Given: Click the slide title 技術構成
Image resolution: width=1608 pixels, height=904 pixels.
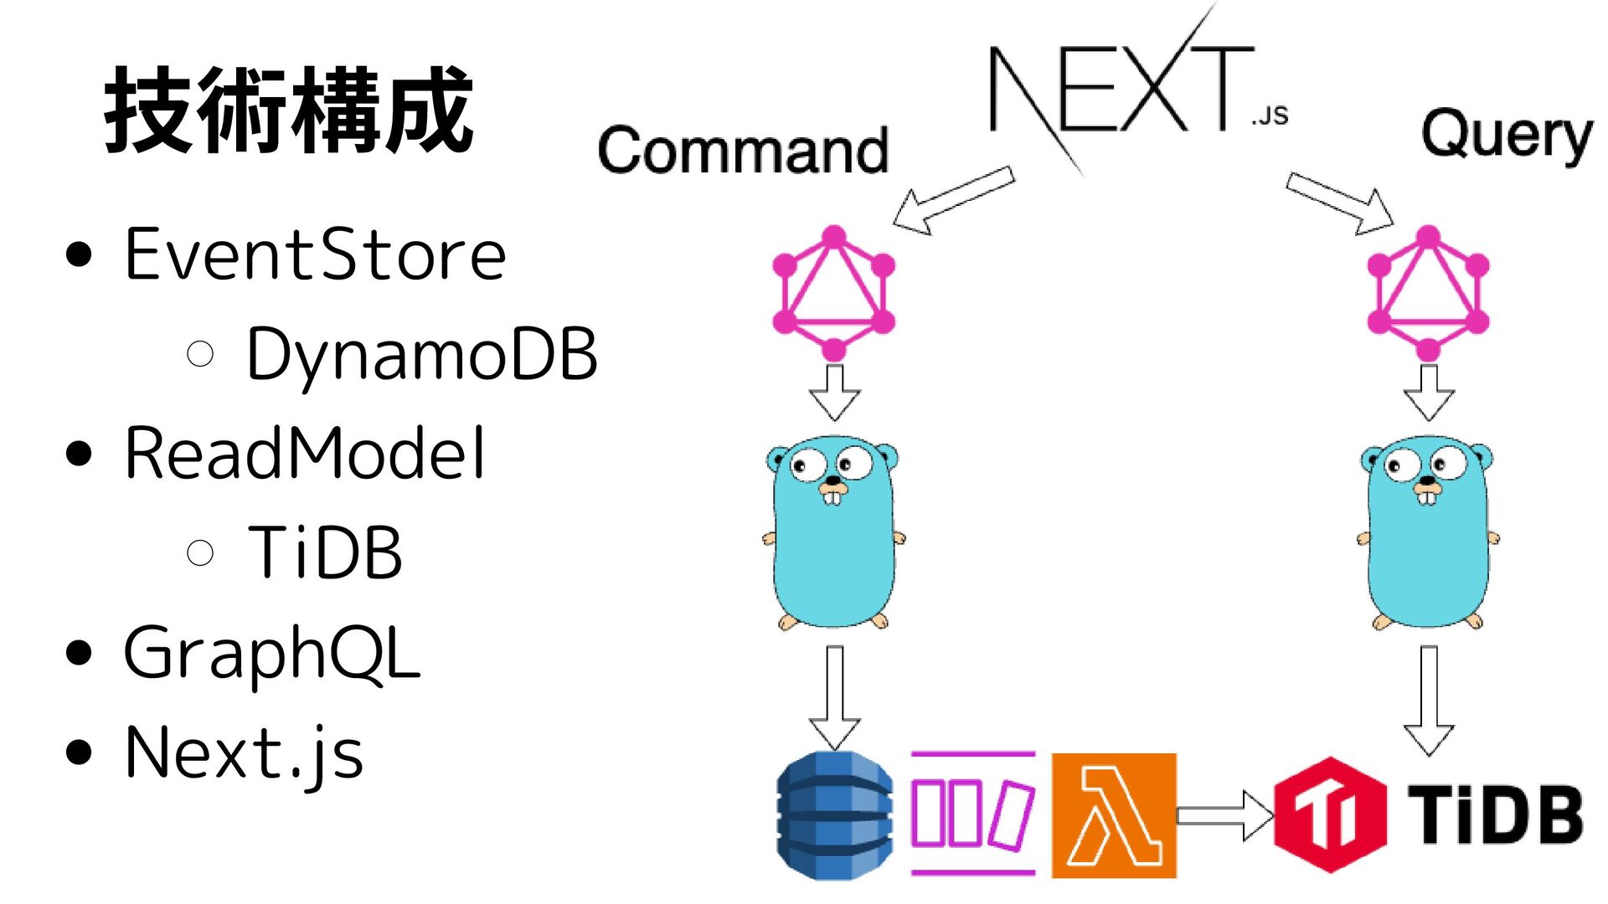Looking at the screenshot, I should [x=289, y=110].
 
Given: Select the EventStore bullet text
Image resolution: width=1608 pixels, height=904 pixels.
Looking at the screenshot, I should [x=315, y=254].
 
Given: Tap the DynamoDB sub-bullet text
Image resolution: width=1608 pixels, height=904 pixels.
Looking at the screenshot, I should [x=421, y=354].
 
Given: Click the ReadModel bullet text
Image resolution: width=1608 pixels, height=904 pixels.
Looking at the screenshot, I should [x=305, y=453].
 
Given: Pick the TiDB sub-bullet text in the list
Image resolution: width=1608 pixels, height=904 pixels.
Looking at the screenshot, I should [x=325, y=552].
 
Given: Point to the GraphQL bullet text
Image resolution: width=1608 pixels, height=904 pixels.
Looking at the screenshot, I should [x=271, y=653].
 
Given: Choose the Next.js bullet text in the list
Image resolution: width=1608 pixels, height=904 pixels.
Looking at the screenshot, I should [x=244, y=752].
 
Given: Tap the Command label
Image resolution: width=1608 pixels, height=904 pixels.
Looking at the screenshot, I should [x=743, y=151].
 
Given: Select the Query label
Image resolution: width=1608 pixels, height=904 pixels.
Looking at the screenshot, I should [x=1507, y=136].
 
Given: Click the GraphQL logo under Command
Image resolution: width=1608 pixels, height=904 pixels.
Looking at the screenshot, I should [x=833, y=293].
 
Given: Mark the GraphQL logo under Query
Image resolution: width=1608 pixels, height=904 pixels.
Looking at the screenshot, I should [x=1428, y=293].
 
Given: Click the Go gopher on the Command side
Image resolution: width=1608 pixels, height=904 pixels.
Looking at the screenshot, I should [x=833, y=532].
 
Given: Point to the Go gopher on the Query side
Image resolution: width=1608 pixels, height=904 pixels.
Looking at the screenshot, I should [x=1428, y=532].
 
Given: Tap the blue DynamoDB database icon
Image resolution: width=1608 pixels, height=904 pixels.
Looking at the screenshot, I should [x=834, y=815].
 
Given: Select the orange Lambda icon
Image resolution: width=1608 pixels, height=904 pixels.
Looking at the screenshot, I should [x=1114, y=815].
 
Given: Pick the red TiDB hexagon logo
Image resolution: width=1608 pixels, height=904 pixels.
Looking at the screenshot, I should [x=1329, y=814].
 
